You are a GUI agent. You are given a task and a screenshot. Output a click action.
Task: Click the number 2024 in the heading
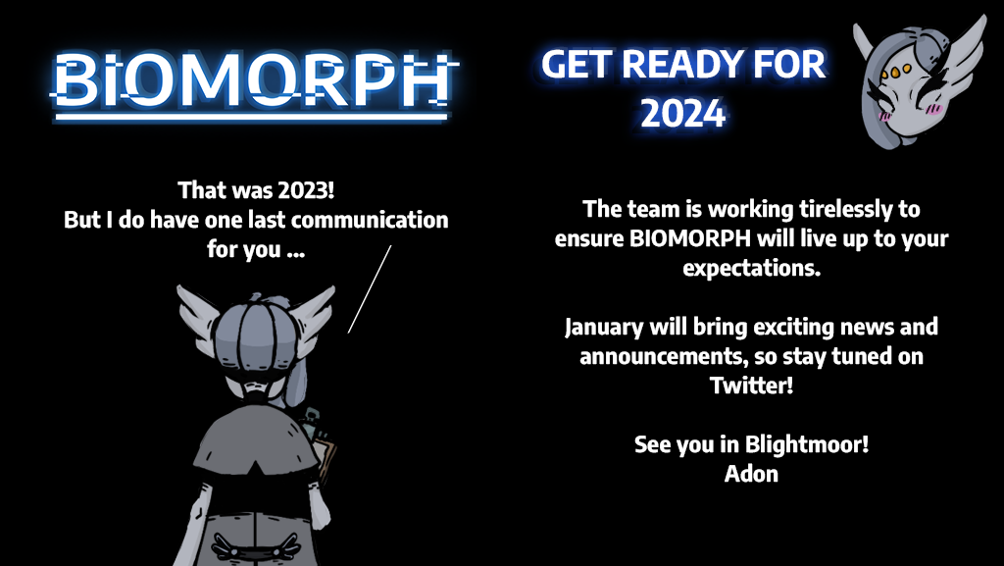[682, 114]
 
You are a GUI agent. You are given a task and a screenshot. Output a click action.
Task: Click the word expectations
[751, 268]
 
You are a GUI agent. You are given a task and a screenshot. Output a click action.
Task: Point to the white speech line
[370, 289]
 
